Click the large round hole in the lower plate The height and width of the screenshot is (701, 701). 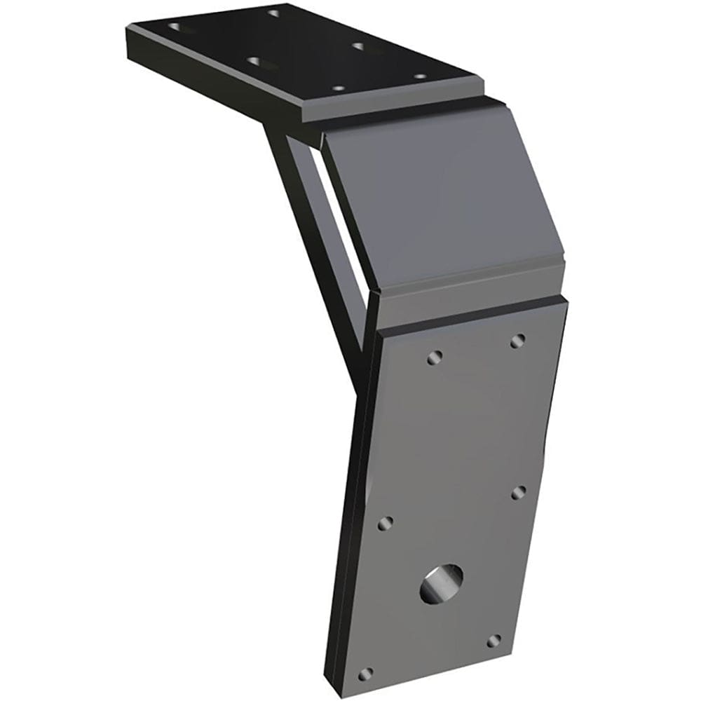click(x=441, y=584)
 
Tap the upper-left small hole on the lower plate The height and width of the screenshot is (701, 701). click(x=434, y=358)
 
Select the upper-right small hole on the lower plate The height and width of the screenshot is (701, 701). click(x=518, y=341)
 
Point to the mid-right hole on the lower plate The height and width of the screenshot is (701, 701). click(x=519, y=492)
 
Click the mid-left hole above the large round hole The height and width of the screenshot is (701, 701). click(x=385, y=524)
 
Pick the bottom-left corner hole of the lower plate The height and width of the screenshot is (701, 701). click(x=365, y=674)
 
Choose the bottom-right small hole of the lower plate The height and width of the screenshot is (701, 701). click(x=494, y=641)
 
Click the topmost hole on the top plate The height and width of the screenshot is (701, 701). click(x=274, y=13)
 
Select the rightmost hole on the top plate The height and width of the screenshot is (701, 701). click(x=419, y=76)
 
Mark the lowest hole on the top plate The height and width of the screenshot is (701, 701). click(x=338, y=89)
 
